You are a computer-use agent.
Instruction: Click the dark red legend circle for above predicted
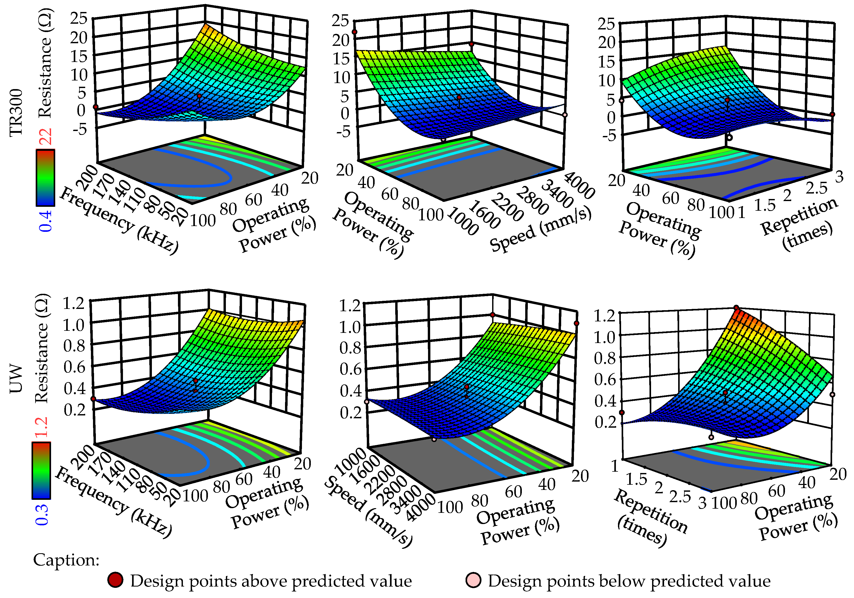(x=115, y=580)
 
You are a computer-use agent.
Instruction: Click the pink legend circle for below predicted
(x=473, y=580)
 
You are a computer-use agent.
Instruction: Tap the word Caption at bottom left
(x=66, y=560)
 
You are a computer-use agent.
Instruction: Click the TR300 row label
(x=16, y=113)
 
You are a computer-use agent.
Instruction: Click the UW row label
(x=16, y=379)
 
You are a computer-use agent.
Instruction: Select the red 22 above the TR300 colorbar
(x=46, y=136)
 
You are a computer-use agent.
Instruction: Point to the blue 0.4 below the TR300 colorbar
(x=46, y=221)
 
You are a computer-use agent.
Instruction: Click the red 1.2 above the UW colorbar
(x=42, y=427)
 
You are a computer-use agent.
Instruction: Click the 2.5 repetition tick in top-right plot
(x=816, y=188)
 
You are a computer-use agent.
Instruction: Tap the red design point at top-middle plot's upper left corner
(x=355, y=32)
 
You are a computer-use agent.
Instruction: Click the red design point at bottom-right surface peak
(x=736, y=308)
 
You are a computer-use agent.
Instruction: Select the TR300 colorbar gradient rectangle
(x=45, y=178)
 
